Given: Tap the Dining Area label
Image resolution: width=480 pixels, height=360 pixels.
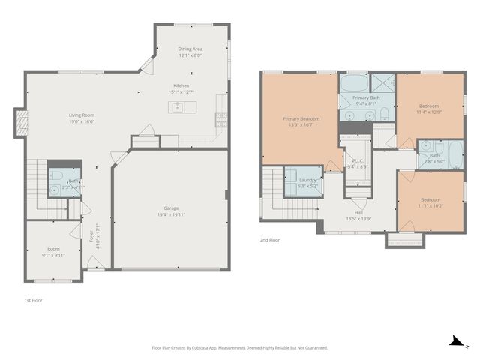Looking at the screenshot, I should pos(190,49).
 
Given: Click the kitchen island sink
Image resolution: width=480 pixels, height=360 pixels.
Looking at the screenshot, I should pos(178,107).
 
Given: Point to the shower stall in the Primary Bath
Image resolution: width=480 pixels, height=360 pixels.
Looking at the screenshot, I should pos(383,83).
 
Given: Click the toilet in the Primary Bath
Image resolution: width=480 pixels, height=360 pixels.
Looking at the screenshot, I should pos(383,114).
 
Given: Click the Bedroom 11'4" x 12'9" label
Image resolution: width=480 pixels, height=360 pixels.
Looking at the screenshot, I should pos(430,108).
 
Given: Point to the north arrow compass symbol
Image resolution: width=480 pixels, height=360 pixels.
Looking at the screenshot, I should pos(454,340).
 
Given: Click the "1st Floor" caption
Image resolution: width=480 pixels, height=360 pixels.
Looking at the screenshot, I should pos(33,299).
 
